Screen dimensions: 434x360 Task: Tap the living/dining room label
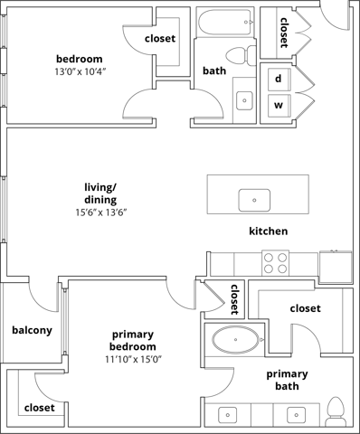pos(100,193)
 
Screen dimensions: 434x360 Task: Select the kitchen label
pos(268,231)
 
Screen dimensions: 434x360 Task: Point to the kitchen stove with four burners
pos(275,262)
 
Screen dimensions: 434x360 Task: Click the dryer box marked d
pos(279,79)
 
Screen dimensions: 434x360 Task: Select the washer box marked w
pos(279,106)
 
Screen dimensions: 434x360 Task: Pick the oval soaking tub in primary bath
pos(233,343)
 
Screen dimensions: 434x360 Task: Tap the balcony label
pos(32,330)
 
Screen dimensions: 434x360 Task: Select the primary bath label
pos(287,381)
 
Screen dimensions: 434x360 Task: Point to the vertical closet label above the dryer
pos(284,33)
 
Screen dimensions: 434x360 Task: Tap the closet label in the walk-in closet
pos(305,308)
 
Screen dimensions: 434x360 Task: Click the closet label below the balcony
pos(39,408)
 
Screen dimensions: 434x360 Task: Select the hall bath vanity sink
pos(243,101)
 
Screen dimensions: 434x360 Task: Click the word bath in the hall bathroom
pos(214,71)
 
